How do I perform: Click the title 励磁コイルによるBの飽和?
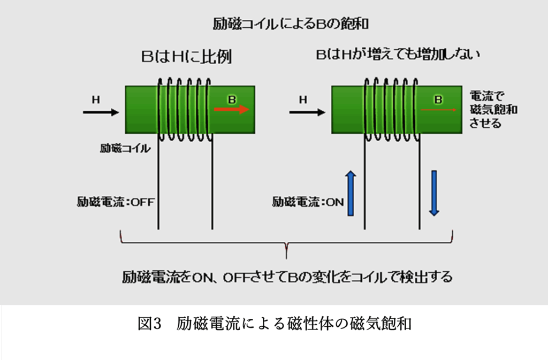pos(291,24)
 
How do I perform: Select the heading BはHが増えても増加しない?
pos(398,54)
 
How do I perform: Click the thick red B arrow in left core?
pos(232,110)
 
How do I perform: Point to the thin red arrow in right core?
pos(439,110)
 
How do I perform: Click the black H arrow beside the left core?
pos(101,112)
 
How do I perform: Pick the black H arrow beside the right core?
pos(307,112)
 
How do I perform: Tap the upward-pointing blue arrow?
pos(351,193)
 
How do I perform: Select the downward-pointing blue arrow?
pos(434,193)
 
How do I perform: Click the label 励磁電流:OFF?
pos(116,202)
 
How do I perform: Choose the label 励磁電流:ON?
pos(308,202)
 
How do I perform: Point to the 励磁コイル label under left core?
pos(125,148)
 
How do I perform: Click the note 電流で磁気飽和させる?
pos(493,109)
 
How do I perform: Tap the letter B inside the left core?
pos(232,100)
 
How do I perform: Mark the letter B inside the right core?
pos(438,100)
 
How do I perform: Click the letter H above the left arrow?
pos(96,100)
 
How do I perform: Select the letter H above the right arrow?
pos(303,100)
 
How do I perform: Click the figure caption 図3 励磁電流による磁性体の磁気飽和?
pos(275,323)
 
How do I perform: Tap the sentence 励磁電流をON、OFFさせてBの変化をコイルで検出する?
pos(287,277)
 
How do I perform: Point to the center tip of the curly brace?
pos(286,258)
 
